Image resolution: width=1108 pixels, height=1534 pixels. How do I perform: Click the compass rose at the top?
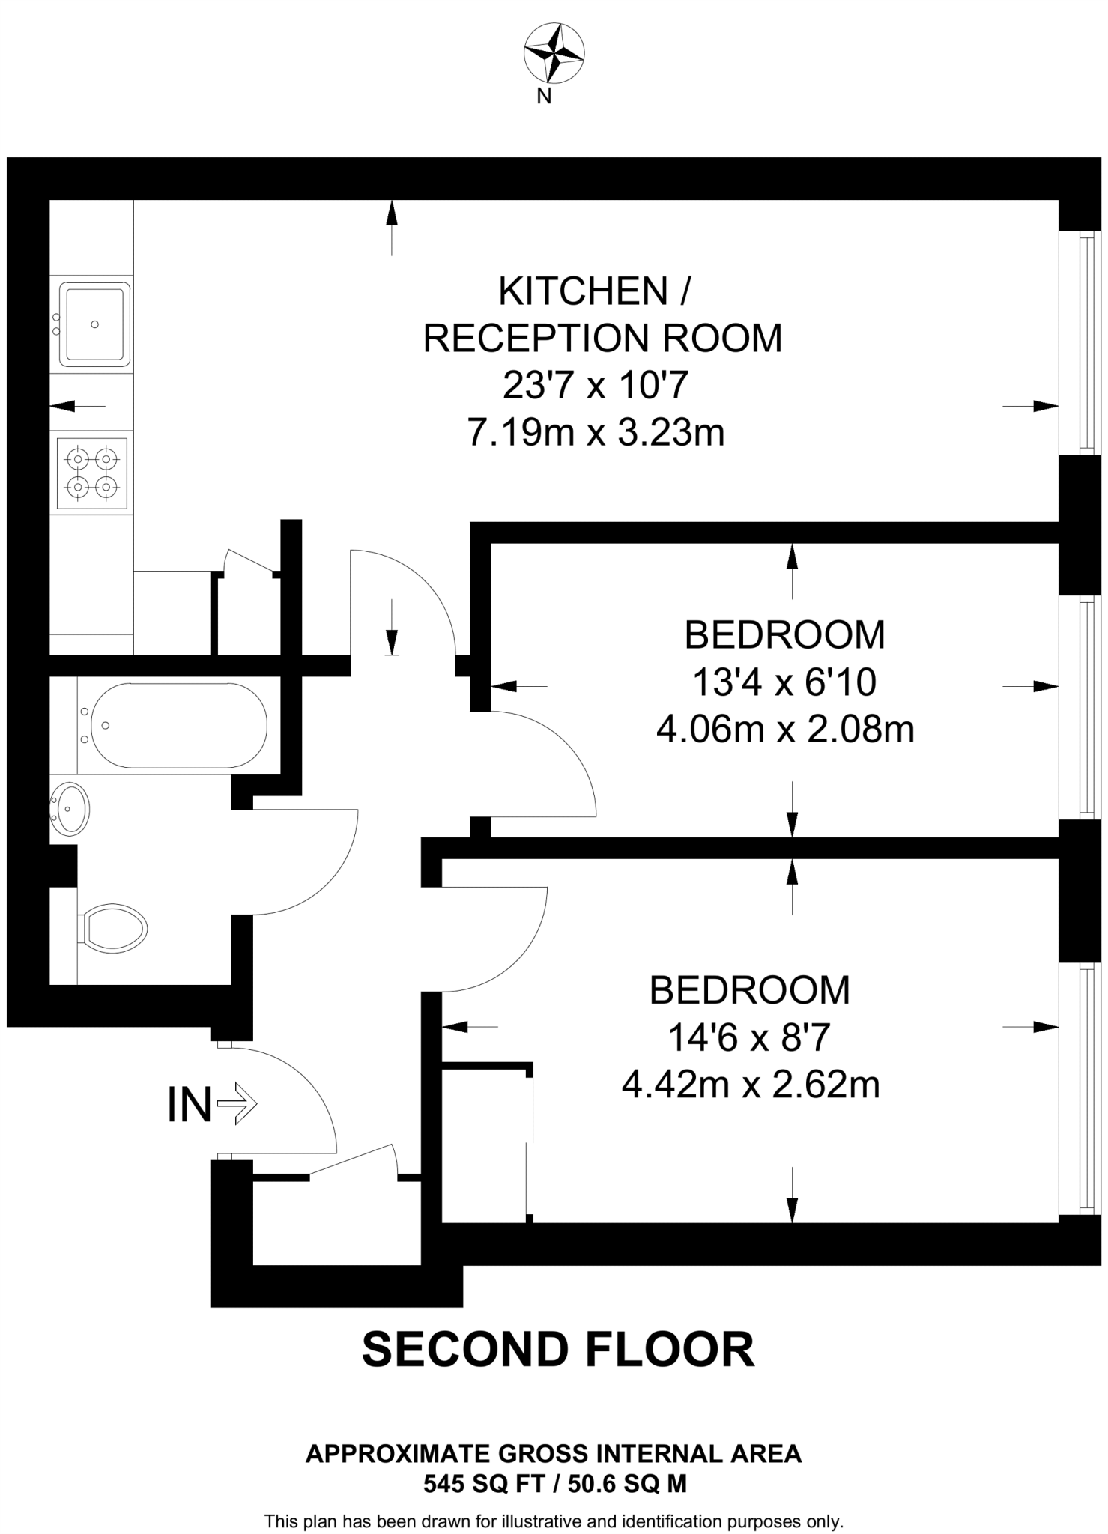(554, 53)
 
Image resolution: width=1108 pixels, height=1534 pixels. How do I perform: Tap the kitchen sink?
(94, 324)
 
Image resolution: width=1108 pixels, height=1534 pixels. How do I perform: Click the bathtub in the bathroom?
(178, 724)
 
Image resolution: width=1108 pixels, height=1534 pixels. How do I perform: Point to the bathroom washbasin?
(70, 808)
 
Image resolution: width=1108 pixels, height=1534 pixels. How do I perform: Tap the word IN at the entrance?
(189, 1104)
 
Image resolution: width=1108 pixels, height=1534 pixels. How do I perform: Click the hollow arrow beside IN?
(237, 1103)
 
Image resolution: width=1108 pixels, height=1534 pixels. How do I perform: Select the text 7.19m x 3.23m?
(596, 432)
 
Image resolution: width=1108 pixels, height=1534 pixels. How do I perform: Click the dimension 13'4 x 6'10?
(784, 682)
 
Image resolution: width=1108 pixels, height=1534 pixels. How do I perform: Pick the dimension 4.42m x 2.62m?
(750, 1085)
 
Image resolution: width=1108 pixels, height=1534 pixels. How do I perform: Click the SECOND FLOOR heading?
(557, 1349)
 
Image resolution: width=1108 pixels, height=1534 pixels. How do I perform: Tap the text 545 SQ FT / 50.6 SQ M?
(554, 1483)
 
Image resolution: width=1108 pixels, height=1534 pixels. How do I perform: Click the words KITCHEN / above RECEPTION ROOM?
(593, 291)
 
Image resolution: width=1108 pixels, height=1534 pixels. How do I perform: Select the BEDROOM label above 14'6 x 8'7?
(749, 990)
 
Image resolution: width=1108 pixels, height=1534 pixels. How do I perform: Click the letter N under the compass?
(545, 97)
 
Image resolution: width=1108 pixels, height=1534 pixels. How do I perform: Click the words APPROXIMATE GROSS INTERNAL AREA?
(554, 1454)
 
